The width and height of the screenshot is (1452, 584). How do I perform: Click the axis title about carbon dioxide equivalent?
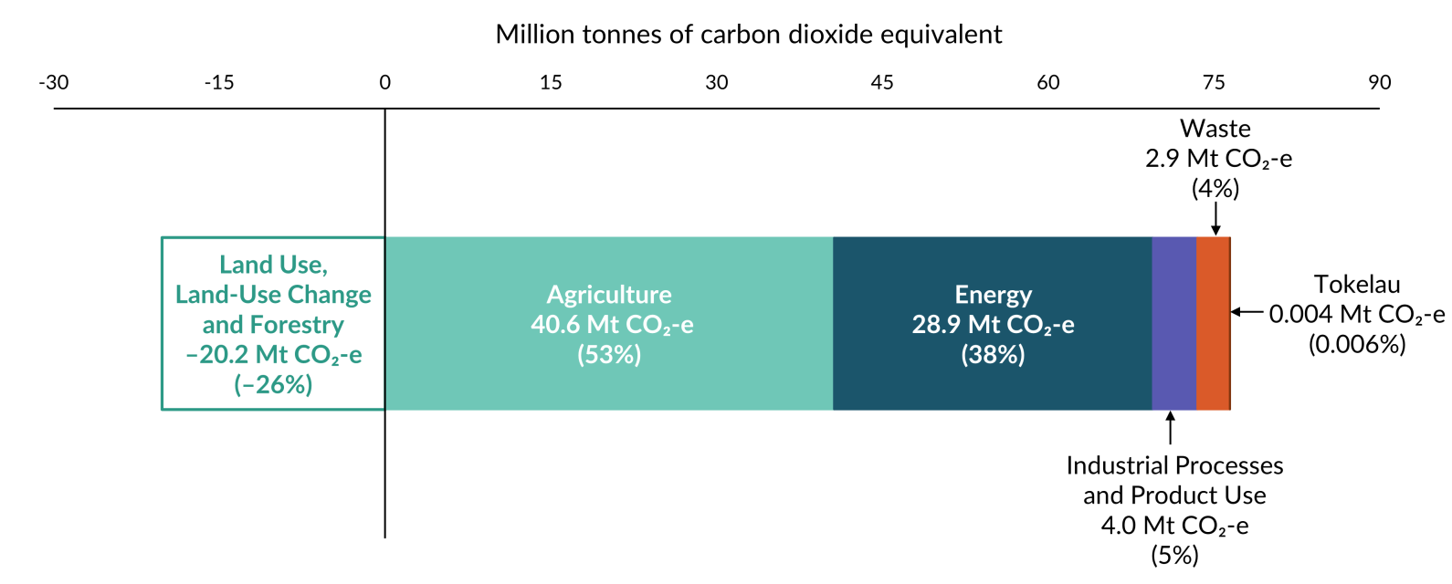748,35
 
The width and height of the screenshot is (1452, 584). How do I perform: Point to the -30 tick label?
54,83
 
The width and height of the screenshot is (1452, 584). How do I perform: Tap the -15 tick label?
219,83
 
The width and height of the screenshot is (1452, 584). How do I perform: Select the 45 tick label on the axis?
882,83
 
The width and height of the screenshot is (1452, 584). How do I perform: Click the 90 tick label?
1379,83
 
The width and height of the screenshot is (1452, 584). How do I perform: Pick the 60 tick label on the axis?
1047,83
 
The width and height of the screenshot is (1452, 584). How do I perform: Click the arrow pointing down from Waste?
1215,219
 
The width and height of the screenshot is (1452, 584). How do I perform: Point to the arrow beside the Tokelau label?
1247,312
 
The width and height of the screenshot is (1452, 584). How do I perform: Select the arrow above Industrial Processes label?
1170,428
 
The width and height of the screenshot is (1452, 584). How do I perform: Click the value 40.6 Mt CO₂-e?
612,325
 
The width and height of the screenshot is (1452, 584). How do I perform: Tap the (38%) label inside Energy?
993,354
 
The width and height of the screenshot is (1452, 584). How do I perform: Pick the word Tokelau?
1357,284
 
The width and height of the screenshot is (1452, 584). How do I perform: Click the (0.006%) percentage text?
1357,344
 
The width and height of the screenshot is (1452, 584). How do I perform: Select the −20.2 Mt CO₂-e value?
274,355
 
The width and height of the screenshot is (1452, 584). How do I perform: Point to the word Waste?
1215,129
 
